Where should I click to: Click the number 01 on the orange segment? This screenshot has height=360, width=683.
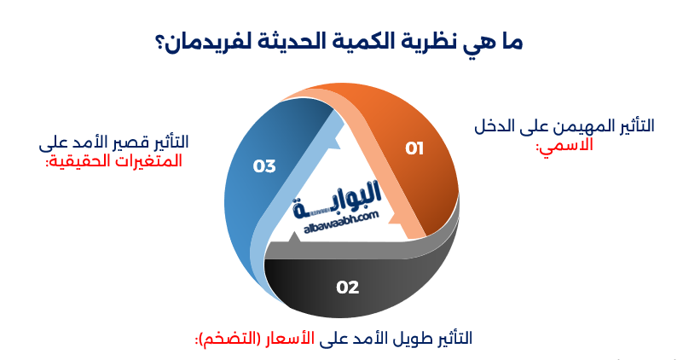(414, 148)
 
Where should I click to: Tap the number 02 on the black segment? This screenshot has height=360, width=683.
(348, 287)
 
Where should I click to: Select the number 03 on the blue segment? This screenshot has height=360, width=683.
(264, 166)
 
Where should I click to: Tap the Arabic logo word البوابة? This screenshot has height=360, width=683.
(338, 200)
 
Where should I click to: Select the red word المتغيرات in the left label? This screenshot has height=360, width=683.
(148, 161)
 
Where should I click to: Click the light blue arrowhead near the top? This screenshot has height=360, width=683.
(333, 142)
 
